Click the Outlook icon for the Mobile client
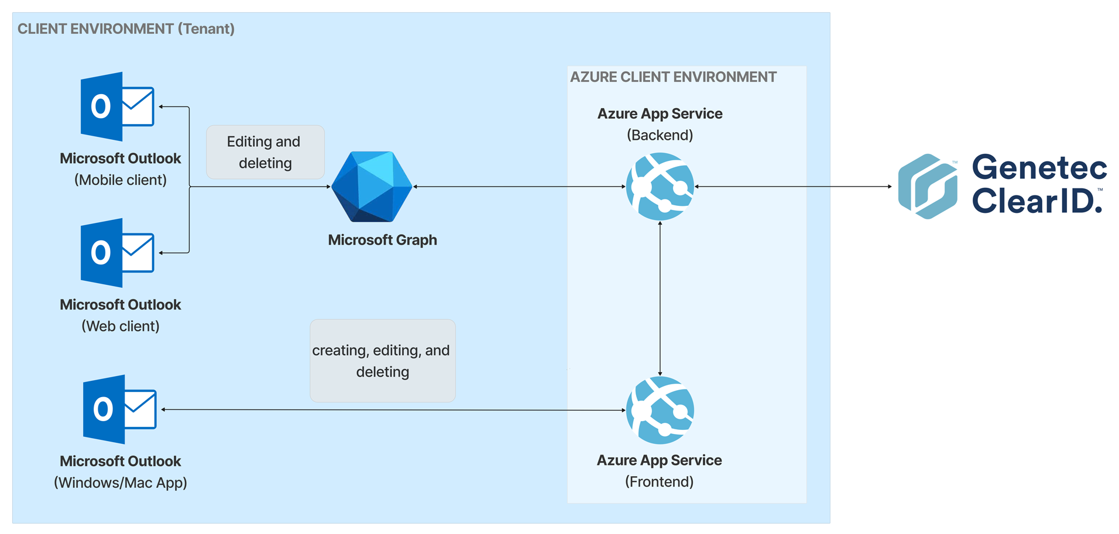tap(117, 106)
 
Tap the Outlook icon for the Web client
tap(117, 253)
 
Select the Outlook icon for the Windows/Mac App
tap(119, 409)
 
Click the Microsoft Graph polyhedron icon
tap(372, 187)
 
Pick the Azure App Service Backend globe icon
tap(660, 187)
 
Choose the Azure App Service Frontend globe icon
tap(660, 410)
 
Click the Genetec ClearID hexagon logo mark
tap(928, 187)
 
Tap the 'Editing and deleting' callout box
tap(265, 152)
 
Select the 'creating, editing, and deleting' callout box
tap(383, 360)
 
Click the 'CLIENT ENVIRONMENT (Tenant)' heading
tap(126, 29)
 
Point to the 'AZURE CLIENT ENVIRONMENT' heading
tap(673, 77)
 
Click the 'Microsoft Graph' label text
tap(382, 240)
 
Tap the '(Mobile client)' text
tap(121, 180)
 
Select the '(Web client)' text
tap(121, 326)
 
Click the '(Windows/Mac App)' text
tap(121, 483)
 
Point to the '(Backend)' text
tap(660, 135)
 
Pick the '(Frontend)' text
tap(660, 482)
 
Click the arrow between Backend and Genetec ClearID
tap(793, 187)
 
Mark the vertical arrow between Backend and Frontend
tap(660, 298)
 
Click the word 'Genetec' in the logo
tap(1039, 167)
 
